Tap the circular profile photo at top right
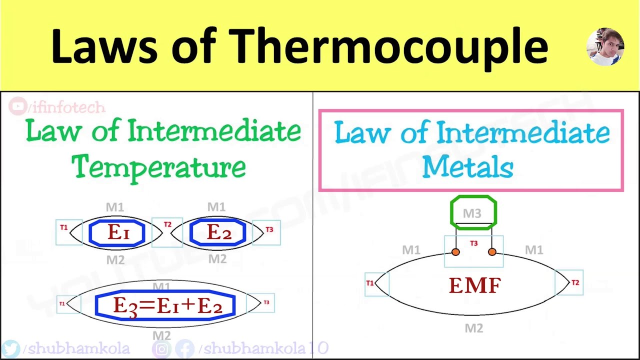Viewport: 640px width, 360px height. (x=605, y=47)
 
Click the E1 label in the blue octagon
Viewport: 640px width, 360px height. (x=117, y=232)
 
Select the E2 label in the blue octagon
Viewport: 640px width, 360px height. (x=218, y=232)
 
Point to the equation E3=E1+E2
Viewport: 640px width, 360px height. (x=166, y=305)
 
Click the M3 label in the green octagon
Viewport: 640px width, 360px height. (x=472, y=213)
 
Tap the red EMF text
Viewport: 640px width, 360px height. (x=474, y=285)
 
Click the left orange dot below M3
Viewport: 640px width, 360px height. (x=455, y=252)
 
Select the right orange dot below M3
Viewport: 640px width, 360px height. (x=492, y=252)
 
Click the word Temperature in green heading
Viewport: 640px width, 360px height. (x=159, y=167)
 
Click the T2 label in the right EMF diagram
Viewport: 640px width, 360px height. (x=575, y=283)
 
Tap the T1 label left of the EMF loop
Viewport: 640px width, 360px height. (x=370, y=283)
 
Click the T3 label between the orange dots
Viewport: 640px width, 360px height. (x=474, y=243)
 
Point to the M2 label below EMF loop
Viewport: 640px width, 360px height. (x=473, y=328)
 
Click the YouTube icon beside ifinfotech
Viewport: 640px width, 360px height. (x=18, y=106)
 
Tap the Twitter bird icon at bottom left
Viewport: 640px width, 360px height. (x=11, y=348)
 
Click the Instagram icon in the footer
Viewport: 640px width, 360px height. (x=162, y=348)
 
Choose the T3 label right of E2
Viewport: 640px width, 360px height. (x=269, y=229)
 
